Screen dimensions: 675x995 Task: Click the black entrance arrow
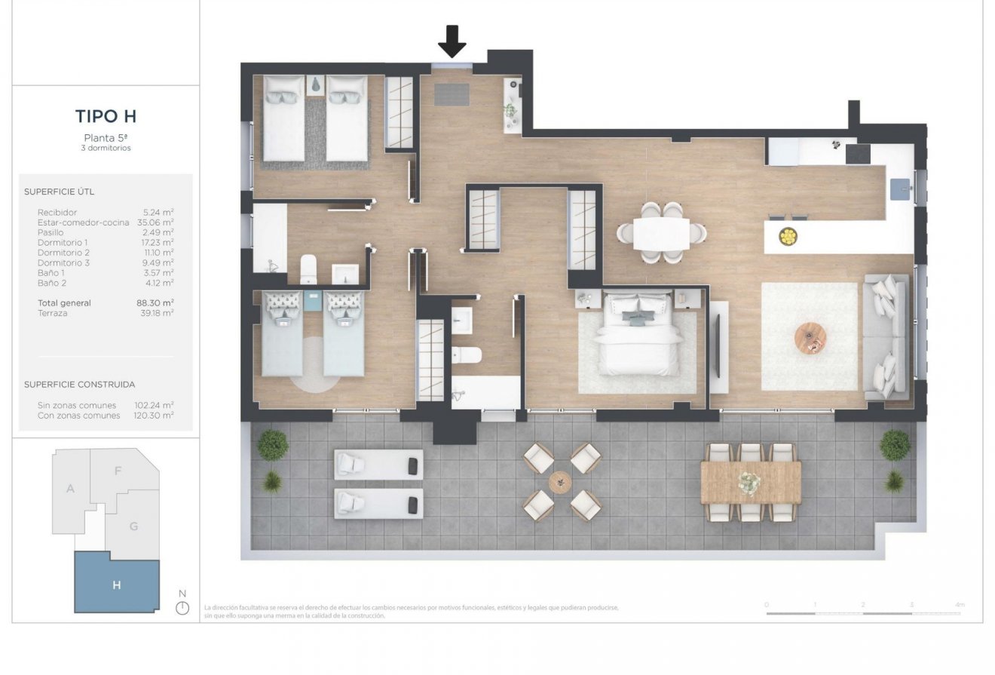[x=452, y=41]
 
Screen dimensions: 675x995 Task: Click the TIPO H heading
[x=106, y=116]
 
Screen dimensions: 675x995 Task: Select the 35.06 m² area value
[x=155, y=222]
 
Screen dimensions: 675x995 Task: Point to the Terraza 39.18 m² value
[x=155, y=313]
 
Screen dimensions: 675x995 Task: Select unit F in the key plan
[x=118, y=471]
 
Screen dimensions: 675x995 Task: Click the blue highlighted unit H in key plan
[x=117, y=584]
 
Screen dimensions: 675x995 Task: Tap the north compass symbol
[x=182, y=607]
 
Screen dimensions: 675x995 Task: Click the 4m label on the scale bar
[x=959, y=605]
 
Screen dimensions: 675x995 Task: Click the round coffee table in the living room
[x=810, y=336]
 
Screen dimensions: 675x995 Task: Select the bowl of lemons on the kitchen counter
[x=788, y=237]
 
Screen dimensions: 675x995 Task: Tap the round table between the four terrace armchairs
[x=561, y=482]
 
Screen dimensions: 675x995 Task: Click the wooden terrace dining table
[x=750, y=482]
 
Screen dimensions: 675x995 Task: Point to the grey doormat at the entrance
[x=452, y=94]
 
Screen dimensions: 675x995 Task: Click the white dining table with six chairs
[x=661, y=233]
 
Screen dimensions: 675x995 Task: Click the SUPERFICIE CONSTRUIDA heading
[x=80, y=385]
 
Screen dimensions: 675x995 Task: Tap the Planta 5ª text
[x=106, y=137]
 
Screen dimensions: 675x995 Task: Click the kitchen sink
[x=900, y=189]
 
